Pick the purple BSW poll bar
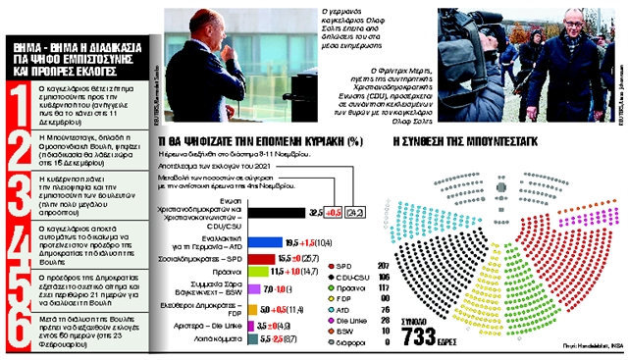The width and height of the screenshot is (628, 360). pyautogui.click(x=248, y=291)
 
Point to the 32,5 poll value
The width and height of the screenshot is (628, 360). pyautogui.click(x=316, y=210)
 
